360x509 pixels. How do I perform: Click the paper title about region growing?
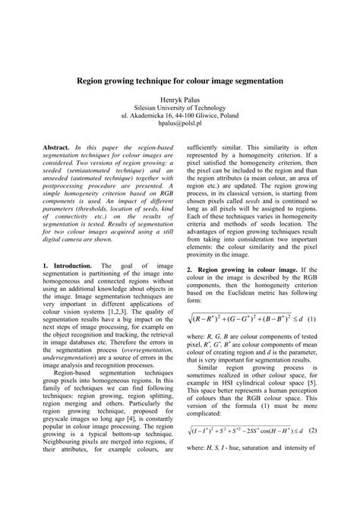click(x=179, y=79)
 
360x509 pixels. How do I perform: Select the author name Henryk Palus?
click(x=180, y=100)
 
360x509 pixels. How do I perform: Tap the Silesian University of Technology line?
click(x=180, y=109)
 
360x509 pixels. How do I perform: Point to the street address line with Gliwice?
click(x=180, y=117)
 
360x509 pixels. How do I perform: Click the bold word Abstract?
click(x=56, y=144)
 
